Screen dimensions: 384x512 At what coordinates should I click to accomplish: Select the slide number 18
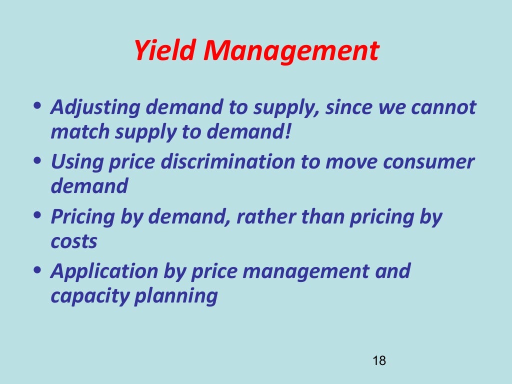click(x=379, y=361)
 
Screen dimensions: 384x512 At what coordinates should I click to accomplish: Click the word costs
click(x=74, y=241)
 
